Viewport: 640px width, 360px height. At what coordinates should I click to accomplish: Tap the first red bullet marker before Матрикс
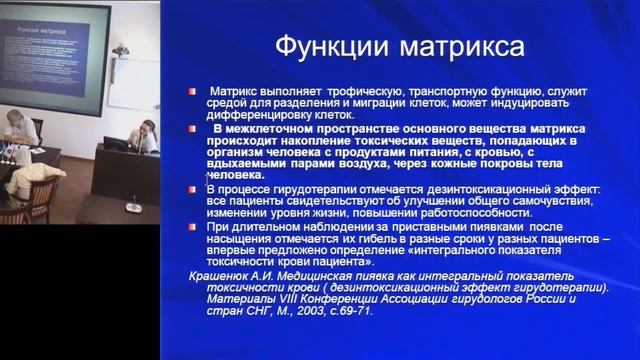pos(187,91)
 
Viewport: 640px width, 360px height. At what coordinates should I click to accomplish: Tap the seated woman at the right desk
pos(145,136)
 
